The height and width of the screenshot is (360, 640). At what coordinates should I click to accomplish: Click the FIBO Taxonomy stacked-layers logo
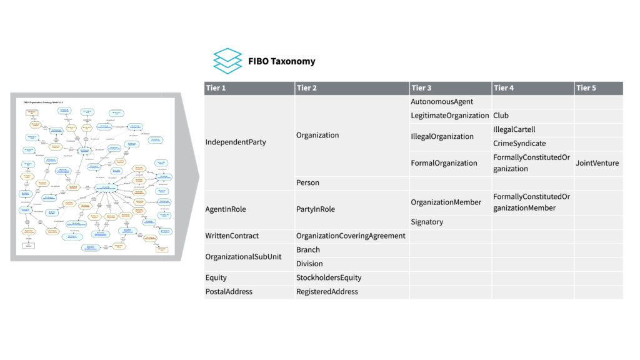click(227, 61)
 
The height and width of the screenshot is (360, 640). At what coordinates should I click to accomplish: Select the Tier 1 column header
click(216, 88)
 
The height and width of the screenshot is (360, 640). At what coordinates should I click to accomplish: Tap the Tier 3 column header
click(421, 88)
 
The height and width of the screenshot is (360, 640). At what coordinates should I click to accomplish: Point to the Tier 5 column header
click(586, 88)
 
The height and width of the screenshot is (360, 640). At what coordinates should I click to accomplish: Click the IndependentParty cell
click(236, 142)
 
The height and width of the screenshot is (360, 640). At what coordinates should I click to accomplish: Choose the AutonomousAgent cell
click(442, 101)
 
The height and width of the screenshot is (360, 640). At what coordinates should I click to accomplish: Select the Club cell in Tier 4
click(501, 116)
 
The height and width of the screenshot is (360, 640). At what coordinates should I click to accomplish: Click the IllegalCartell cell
click(514, 129)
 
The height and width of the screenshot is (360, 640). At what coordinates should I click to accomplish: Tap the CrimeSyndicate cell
click(519, 143)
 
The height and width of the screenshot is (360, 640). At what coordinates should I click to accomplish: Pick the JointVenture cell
click(597, 163)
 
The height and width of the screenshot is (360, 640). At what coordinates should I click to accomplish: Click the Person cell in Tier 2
click(307, 183)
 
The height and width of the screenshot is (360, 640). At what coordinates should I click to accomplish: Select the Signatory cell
click(427, 222)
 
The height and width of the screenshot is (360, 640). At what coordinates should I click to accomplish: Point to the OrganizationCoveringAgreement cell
click(351, 236)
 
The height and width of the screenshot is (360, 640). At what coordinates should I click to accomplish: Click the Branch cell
click(308, 250)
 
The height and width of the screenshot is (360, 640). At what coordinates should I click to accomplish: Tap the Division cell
click(310, 264)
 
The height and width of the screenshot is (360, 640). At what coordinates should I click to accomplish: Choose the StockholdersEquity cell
click(329, 277)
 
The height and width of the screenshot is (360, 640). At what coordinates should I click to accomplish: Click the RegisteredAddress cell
click(327, 291)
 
